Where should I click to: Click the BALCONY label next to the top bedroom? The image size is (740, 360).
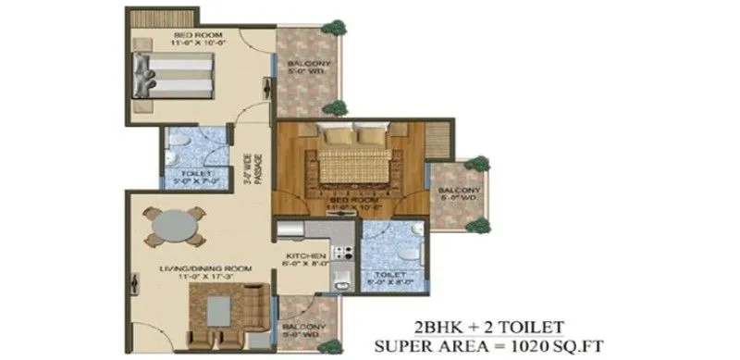[x=302, y=65]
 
